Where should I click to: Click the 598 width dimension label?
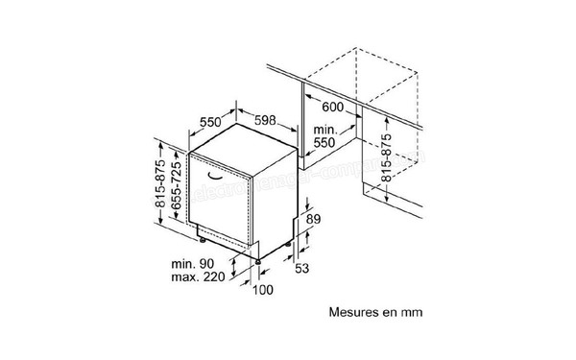270,121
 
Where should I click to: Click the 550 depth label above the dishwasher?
212,122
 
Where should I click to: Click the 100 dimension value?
261,291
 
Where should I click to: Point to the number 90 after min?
207,264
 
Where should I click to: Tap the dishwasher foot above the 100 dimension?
258,259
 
